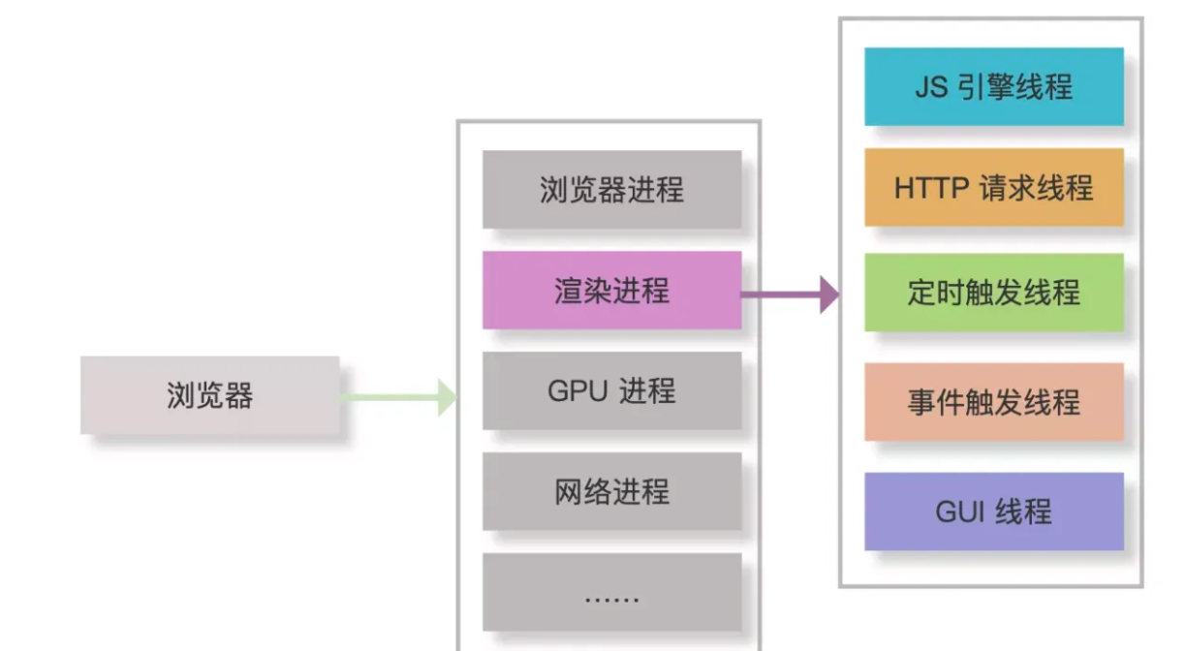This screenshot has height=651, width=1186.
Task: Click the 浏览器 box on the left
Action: click(x=209, y=395)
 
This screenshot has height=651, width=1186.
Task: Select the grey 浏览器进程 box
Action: click(x=611, y=190)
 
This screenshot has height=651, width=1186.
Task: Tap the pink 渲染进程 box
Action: click(x=611, y=291)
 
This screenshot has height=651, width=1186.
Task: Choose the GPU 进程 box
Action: click(x=611, y=391)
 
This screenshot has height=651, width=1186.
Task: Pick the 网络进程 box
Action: click(x=611, y=492)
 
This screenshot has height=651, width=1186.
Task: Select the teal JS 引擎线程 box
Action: click(x=994, y=87)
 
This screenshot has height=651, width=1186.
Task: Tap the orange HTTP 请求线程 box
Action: click(x=994, y=188)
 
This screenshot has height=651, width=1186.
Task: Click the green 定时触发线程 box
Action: click(x=994, y=293)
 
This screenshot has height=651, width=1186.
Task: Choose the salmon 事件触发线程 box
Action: click(x=994, y=402)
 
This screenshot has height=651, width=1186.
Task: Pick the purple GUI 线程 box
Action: click(x=994, y=511)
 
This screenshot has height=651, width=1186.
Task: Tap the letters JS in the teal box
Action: click(x=932, y=87)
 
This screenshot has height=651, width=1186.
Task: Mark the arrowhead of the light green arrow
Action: click(x=447, y=397)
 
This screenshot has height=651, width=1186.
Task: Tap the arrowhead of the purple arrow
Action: click(x=829, y=294)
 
